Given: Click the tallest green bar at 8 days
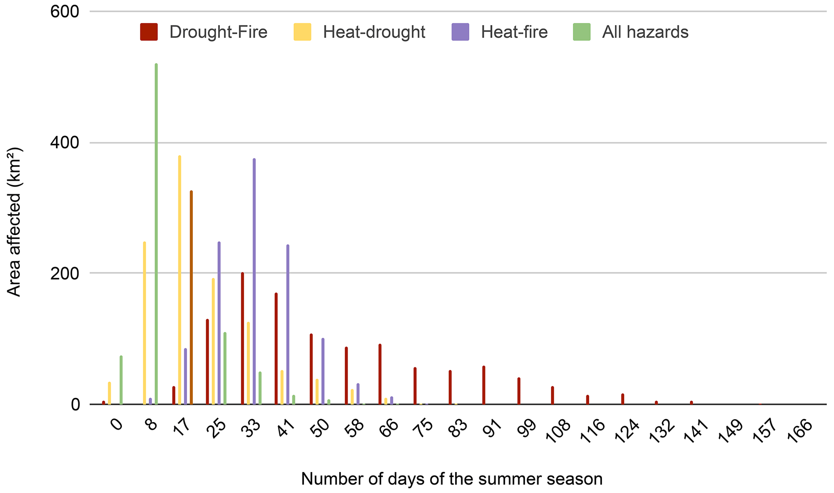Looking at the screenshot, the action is point(156,234).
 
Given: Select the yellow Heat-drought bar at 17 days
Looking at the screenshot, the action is point(180,280).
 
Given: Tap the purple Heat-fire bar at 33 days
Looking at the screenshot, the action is point(254,281).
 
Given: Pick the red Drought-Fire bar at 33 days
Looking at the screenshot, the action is point(242,338).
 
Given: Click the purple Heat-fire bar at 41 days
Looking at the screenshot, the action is point(288,325).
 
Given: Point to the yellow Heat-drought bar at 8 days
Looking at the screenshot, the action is point(144,323).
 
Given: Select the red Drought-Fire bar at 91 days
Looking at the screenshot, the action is point(484,385).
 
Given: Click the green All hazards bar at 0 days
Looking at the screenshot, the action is point(121,380).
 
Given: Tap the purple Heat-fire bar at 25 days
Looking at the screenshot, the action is point(219,323).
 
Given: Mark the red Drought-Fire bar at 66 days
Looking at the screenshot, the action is point(380,374).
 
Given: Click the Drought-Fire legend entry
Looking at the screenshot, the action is point(204,32).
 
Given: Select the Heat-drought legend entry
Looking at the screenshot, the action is point(359,32).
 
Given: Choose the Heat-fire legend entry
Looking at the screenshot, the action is point(500,32).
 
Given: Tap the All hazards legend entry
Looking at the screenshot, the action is point(631,32).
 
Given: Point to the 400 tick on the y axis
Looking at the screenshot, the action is point(65,143).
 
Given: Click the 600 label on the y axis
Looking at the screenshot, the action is point(65,12).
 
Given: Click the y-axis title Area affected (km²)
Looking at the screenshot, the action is point(15,222).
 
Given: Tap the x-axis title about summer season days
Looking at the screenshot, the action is point(452,479).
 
